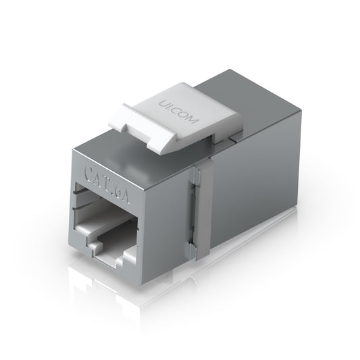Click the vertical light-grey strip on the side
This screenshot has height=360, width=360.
[x=199, y=209]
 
